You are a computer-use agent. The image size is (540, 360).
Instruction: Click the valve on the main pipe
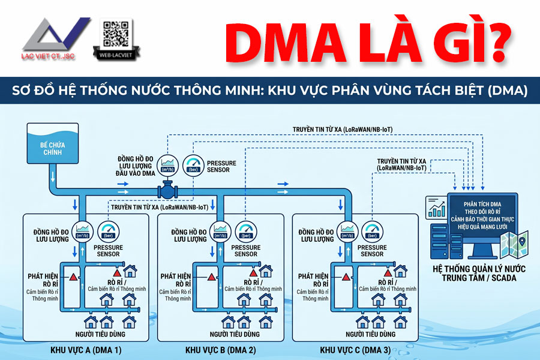coord(165,191)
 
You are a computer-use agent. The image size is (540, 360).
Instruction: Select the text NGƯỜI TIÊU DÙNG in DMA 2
coord(235,334)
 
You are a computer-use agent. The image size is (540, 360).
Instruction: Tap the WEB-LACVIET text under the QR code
coord(116,57)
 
